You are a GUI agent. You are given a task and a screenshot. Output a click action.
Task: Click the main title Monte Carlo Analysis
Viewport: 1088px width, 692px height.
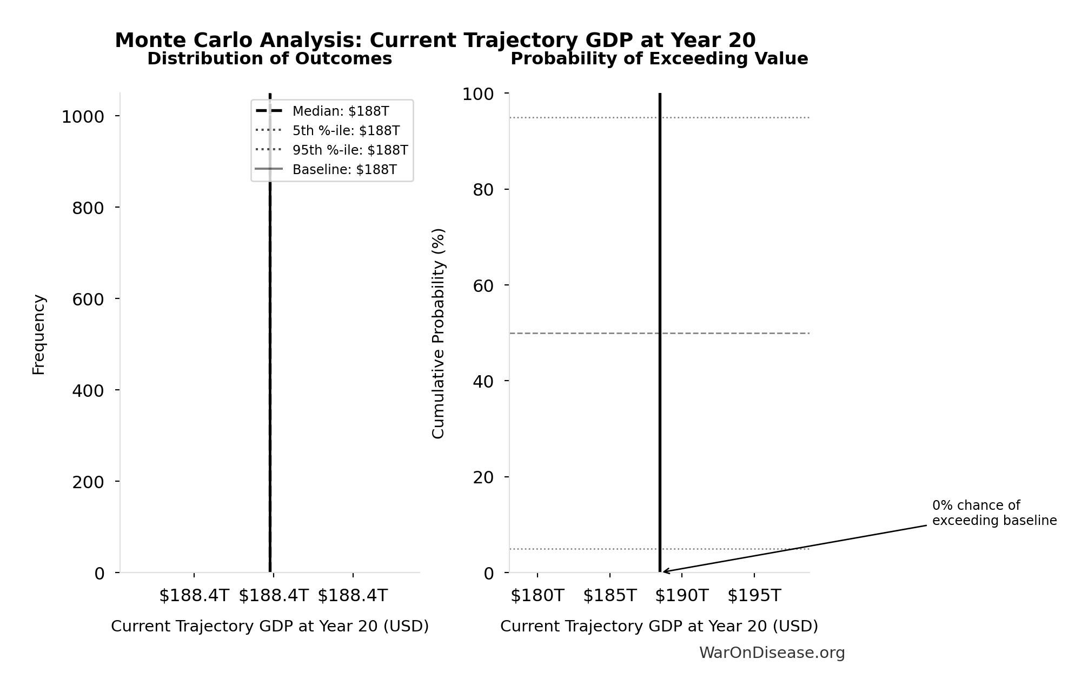pos(435,41)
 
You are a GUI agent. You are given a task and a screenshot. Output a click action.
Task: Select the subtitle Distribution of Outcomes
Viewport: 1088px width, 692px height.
pos(269,58)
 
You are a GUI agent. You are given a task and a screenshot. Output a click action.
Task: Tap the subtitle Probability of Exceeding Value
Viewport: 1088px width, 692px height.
pos(659,58)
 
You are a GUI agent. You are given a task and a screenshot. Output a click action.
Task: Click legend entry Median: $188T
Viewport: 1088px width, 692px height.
pos(340,111)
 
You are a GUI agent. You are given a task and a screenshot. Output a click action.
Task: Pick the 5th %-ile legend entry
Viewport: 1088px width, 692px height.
pos(346,131)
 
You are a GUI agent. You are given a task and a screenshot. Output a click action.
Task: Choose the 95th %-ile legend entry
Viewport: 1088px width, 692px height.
pos(350,150)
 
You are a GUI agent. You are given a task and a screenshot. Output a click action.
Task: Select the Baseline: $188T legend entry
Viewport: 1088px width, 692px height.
pos(344,170)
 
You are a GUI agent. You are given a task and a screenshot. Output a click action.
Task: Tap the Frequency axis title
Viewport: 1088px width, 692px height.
pos(39,334)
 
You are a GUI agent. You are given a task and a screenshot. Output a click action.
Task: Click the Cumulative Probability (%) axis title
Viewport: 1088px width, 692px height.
pos(438,333)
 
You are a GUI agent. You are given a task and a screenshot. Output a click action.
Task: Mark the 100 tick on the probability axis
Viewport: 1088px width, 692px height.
pos(477,94)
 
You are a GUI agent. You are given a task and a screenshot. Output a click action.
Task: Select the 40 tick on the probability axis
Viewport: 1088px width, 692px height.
pos(483,381)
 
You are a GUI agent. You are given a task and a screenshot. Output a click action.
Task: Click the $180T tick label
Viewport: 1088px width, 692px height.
pos(537,595)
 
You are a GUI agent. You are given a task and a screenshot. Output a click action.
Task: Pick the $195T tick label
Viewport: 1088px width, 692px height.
pos(754,595)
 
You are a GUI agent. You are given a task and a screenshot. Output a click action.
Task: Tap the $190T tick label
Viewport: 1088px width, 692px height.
pos(681,595)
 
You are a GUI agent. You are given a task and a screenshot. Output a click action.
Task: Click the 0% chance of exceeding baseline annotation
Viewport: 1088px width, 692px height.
pos(994,513)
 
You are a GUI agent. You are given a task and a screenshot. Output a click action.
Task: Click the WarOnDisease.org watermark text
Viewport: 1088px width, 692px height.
pos(772,653)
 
